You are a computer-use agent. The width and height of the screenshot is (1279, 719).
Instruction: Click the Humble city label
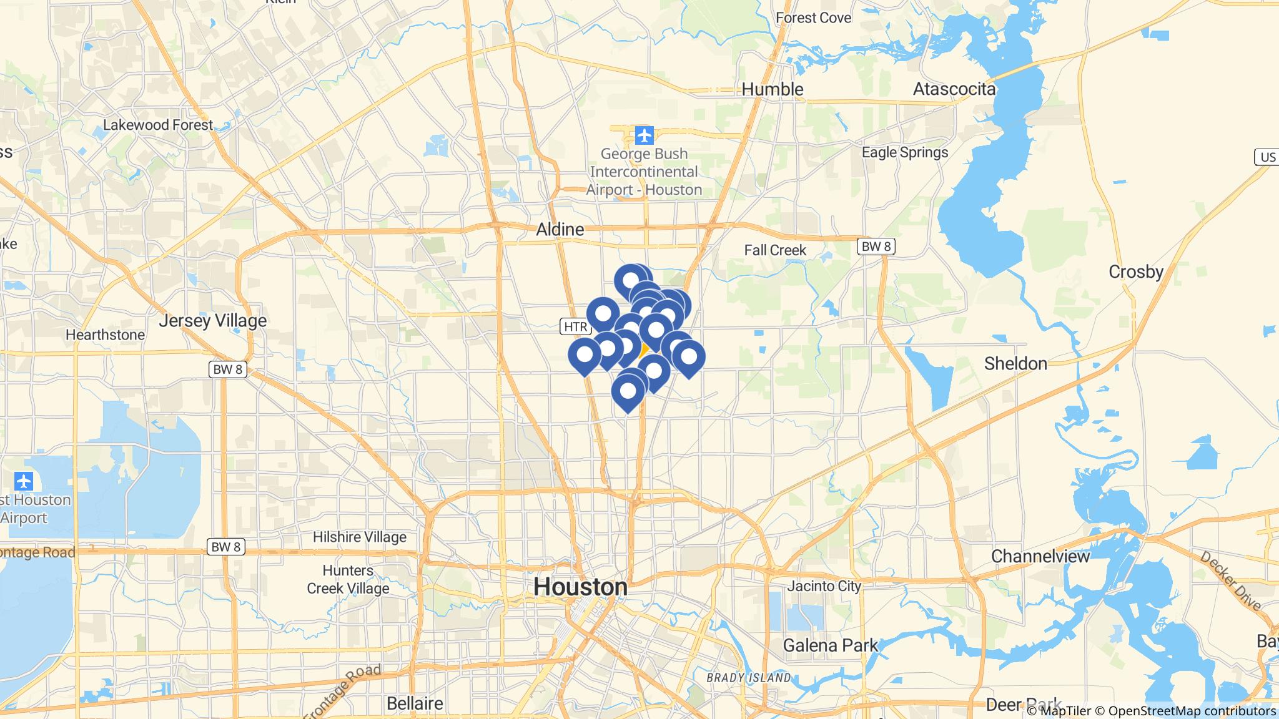[x=773, y=89]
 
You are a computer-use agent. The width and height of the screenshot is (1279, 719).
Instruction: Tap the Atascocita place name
[x=954, y=89]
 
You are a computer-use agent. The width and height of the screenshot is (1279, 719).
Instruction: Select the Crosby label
[x=1135, y=271]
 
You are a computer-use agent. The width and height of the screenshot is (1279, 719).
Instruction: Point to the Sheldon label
[x=1015, y=363]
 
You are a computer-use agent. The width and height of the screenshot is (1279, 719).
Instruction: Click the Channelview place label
[x=1040, y=555]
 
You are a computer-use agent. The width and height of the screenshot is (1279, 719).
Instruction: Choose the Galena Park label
[x=830, y=645]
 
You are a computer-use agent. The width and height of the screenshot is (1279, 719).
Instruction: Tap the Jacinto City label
[x=824, y=586]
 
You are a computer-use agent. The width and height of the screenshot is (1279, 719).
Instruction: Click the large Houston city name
[x=580, y=587]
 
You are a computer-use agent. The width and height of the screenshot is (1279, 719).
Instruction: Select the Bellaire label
[x=415, y=703]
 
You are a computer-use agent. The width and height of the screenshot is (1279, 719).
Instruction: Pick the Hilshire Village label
[x=359, y=537]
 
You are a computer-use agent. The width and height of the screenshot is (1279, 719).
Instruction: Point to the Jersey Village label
[x=212, y=321]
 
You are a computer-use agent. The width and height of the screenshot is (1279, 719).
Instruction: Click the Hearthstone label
[x=105, y=335]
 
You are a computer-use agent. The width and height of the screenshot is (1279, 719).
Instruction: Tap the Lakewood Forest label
[x=158, y=125]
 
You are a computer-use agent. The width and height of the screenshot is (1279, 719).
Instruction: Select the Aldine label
[x=560, y=229]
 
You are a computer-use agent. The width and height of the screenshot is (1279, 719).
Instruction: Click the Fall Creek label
[x=775, y=250]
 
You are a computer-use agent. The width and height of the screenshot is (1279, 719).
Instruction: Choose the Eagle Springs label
[x=904, y=152]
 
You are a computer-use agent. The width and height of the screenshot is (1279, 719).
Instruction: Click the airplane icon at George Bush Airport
[x=644, y=135]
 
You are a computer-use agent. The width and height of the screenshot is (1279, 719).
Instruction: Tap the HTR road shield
[x=575, y=326]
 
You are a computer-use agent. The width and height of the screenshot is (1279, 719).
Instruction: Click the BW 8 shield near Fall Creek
[x=876, y=247]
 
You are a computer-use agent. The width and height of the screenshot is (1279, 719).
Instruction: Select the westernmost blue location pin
[x=585, y=355]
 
